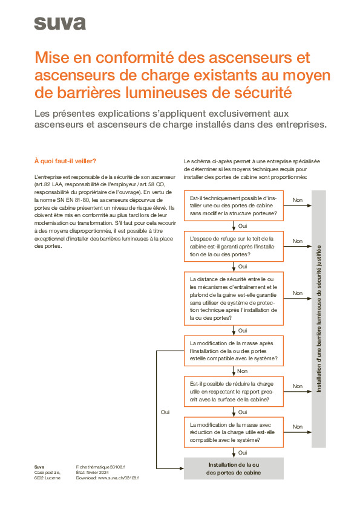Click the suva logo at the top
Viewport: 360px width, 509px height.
[x=60, y=24]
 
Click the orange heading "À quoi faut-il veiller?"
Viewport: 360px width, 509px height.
[x=65, y=161]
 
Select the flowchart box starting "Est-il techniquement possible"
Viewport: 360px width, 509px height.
[x=234, y=206]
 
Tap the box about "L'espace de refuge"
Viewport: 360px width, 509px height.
[x=234, y=247]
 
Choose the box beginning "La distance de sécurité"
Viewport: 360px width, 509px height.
[x=234, y=298]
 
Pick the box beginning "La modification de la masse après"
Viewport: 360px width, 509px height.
[x=234, y=351]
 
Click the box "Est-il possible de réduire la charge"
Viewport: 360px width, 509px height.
[x=234, y=392]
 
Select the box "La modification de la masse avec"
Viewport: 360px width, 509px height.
[x=234, y=432]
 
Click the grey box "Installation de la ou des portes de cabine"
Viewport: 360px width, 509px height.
[x=234, y=468]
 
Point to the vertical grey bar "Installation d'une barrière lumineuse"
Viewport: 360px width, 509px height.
[x=319, y=319]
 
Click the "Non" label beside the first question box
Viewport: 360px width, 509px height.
[x=298, y=200]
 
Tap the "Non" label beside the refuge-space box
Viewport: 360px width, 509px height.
[x=298, y=241]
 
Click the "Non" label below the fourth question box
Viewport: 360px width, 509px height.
[x=242, y=371]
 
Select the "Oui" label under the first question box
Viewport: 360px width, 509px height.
[x=243, y=225]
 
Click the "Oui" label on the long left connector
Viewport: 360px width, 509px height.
[x=165, y=412]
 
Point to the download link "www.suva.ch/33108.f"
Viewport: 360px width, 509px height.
[x=119, y=478]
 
